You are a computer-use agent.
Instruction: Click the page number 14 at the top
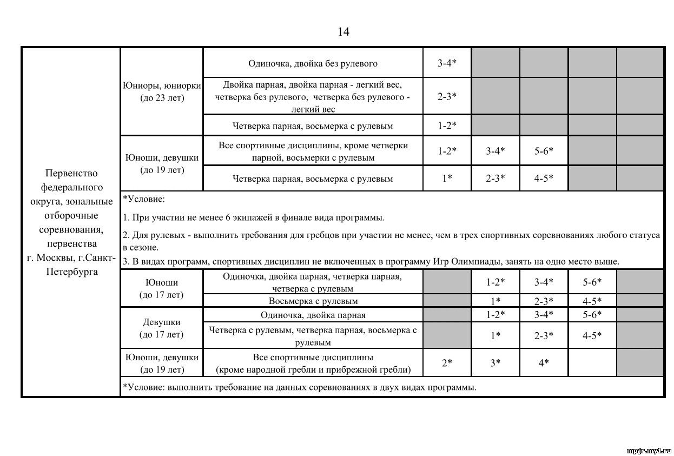343,32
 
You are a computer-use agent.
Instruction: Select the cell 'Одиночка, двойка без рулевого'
313,63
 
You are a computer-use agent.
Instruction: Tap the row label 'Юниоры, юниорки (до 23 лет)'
162,91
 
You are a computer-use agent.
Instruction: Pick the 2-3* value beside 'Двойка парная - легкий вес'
447,96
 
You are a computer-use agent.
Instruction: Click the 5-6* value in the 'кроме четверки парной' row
544,151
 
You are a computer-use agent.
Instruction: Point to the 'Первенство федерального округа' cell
71,222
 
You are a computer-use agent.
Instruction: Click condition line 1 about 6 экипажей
254,218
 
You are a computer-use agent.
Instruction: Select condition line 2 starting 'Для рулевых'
391,241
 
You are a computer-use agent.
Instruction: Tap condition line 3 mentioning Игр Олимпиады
371,262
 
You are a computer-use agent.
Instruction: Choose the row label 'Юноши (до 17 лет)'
162,289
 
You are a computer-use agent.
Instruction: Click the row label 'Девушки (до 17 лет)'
162,328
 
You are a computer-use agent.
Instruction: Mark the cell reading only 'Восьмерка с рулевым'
313,301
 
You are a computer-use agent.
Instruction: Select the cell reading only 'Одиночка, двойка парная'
313,315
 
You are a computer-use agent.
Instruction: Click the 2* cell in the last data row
447,363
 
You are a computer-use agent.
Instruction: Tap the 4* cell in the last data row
544,363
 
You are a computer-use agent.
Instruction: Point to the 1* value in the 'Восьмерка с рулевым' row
495,301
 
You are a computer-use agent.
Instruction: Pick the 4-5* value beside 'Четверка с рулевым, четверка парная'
592,335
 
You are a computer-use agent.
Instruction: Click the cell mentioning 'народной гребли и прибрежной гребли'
313,364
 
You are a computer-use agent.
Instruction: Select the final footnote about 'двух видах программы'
300,387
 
